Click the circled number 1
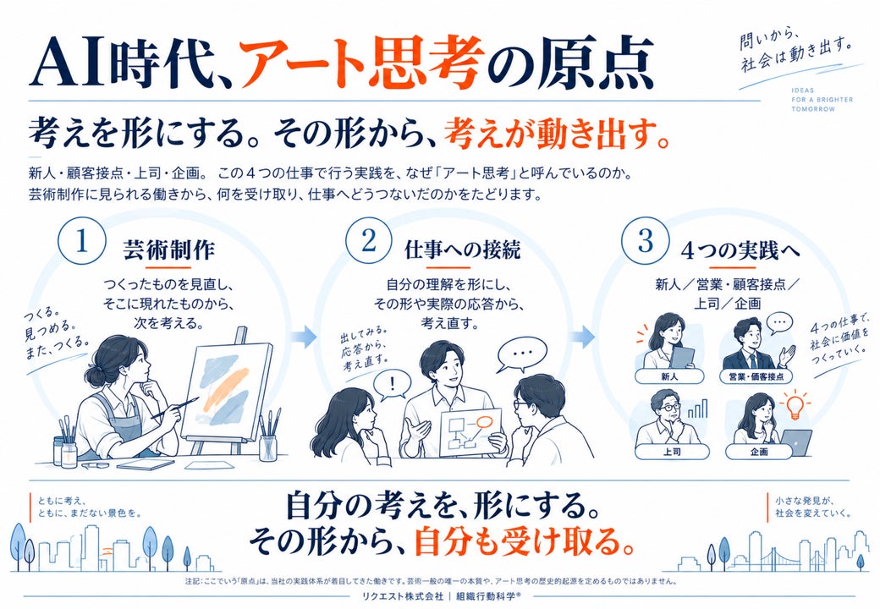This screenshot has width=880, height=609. click(x=82, y=242)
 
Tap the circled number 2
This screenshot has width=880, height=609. click(x=368, y=242)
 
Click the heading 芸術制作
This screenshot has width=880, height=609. click(x=169, y=250)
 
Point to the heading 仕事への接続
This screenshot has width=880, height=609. click(x=463, y=250)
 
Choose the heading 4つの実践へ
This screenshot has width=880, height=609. click(x=740, y=250)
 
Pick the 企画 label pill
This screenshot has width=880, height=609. click(x=759, y=451)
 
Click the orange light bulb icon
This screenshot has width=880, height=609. click(x=795, y=406)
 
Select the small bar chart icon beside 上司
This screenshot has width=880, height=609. click(x=697, y=409)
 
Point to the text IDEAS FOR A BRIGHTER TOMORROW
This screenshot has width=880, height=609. click(x=822, y=99)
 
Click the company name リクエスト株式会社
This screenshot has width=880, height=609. click(x=399, y=595)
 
